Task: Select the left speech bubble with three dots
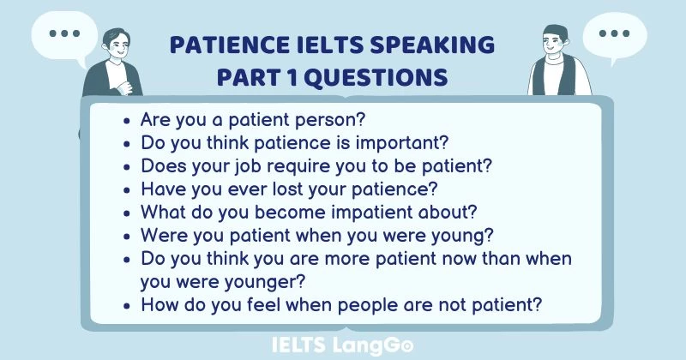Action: pos(63,34)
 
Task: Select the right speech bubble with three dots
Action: pos(614,35)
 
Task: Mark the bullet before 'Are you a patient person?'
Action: pos(128,120)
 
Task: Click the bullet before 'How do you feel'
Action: pos(128,303)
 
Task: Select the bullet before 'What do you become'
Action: pos(128,212)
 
